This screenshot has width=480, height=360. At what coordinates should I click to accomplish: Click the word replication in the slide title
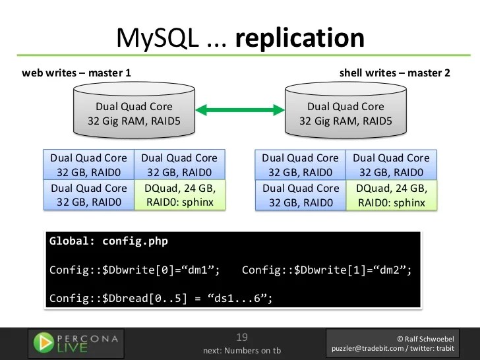point(299,38)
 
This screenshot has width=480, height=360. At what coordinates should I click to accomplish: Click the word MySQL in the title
point(157,38)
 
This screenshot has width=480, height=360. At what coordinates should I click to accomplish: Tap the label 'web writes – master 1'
point(76,73)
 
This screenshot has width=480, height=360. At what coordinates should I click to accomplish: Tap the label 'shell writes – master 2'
point(394,73)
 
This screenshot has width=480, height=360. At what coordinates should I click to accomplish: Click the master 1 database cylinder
point(134,113)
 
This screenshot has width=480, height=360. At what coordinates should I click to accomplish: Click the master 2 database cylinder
point(345,113)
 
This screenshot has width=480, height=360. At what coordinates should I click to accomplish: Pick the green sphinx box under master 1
point(179,195)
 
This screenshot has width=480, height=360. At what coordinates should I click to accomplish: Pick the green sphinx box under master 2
point(391,195)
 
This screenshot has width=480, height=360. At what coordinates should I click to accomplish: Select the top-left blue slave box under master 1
point(88,165)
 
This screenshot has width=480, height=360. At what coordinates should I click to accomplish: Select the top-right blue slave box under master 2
point(391,165)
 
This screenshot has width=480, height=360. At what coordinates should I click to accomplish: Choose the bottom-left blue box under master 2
point(300,195)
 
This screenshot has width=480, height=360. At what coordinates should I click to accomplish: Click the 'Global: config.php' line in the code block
point(109,241)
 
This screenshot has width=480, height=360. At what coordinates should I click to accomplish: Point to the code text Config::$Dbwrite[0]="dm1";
point(135,270)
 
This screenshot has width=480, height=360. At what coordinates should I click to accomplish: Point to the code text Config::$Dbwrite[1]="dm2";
point(327,270)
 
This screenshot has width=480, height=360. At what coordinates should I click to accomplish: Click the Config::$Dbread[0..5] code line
point(161,298)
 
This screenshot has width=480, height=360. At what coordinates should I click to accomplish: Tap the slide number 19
point(242,337)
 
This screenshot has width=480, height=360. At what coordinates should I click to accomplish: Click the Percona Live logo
point(76,342)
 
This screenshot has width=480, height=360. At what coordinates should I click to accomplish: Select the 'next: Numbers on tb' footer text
point(242,350)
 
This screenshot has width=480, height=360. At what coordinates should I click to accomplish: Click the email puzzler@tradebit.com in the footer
point(368,349)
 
